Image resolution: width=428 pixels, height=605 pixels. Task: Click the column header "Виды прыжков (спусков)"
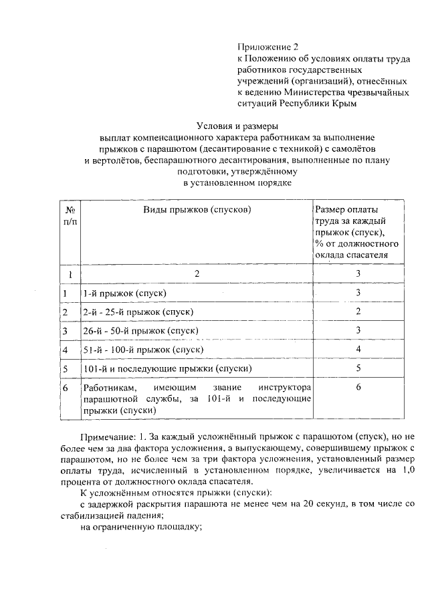[x=197, y=209]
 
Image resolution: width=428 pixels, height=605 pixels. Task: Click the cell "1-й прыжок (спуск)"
[x=124, y=293]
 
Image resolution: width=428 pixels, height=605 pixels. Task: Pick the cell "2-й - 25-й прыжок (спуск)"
[x=137, y=312]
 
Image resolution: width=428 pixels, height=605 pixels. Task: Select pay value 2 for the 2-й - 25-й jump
[x=358, y=312]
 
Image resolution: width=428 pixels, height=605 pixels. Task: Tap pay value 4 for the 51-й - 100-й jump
[x=358, y=349]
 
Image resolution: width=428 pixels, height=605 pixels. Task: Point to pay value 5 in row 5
[x=358, y=368]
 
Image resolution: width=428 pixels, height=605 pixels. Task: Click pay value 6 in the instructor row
[x=358, y=387]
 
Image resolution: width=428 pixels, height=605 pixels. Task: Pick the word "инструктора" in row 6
[x=284, y=388]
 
